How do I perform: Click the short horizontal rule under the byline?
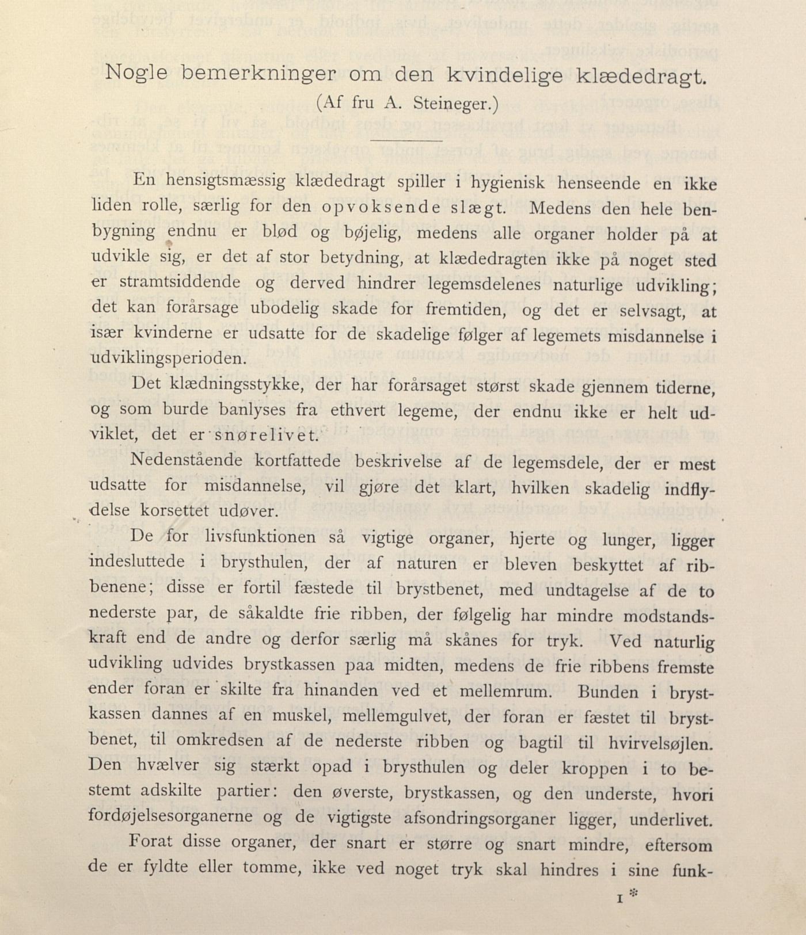click(x=406, y=139)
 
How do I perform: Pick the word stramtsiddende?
click(x=180, y=283)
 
